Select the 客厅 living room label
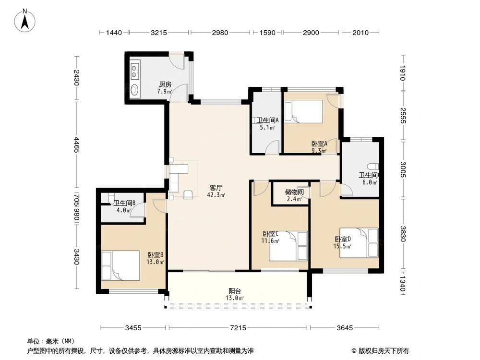pyautogui.click(x=216, y=188)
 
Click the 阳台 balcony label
pyautogui.click(x=235, y=291)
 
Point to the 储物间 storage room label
pyautogui.click(x=294, y=192)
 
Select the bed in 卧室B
pyautogui.click(x=120, y=265)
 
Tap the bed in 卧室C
pyautogui.click(x=288, y=246)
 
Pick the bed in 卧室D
pyautogui.click(x=359, y=242)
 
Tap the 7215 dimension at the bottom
pyautogui.click(x=238, y=328)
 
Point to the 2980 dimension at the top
pyautogui.click(x=219, y=33)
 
